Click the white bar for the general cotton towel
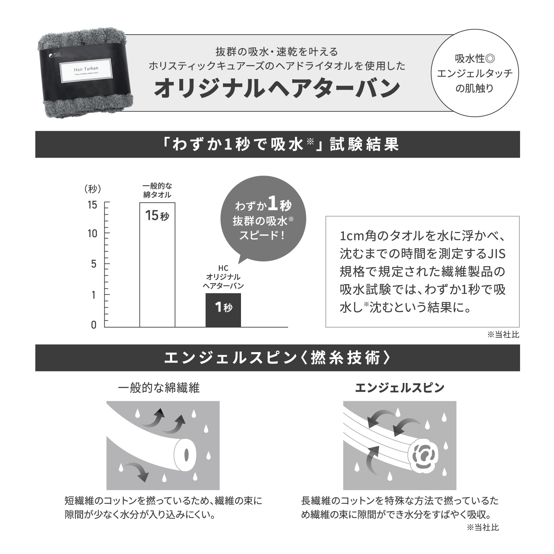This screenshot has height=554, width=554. point(157,270)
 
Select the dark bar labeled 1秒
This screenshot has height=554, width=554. point(223,310)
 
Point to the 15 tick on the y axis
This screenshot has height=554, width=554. point(93,205)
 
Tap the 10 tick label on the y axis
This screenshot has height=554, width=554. point(93,234)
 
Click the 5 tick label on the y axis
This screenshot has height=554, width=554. point(93,264)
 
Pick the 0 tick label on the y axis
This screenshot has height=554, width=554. point(93,325)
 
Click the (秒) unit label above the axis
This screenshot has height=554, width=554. point(92,189)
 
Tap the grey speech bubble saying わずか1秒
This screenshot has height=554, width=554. point(263,222)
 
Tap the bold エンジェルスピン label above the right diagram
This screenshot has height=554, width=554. point(400,388)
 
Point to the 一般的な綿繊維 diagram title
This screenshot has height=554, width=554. point(159,388)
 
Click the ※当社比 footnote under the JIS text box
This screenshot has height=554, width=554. point(503,335)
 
